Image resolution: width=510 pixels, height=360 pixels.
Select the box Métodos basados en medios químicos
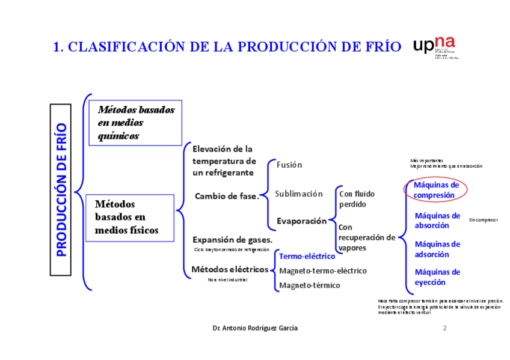coord(135,123)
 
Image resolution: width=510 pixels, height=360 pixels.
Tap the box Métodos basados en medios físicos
coord(131,217)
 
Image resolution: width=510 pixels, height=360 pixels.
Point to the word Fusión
coord(289,165)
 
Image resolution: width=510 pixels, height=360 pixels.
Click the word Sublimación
coord(299,194)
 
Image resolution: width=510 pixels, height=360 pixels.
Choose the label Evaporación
coord(301,221)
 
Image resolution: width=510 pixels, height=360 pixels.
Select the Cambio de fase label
coord(226,196)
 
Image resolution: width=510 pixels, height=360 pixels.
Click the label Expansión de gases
coord(232,240)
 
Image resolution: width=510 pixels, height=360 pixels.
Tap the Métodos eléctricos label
coord(230,269)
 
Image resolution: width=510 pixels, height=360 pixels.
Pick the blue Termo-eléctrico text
coord(307,257)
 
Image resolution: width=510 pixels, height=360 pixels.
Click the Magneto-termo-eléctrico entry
coord(322,271)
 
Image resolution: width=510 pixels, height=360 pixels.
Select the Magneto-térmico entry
coord(309,285)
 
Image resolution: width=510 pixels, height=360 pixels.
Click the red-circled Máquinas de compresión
coord(436,190)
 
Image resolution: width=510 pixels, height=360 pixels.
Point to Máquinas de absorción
coord(437,221)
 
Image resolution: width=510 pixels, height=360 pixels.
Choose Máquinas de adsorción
coord(437,249)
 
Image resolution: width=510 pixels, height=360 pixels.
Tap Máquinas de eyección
coord(437,277)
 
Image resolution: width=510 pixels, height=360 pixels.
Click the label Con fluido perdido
coord(357,199)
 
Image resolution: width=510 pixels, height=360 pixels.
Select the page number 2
coord(444,328)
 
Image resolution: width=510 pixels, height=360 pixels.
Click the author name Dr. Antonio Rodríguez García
coord(255,328)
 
